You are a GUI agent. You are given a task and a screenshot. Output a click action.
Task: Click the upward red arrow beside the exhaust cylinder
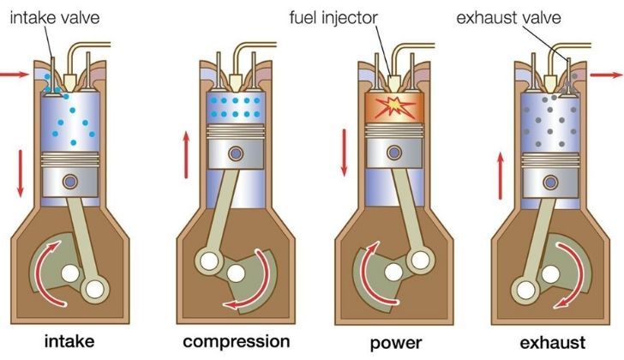tap(501, 171)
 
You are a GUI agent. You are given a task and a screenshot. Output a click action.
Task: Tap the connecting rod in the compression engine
tap(219, 206)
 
